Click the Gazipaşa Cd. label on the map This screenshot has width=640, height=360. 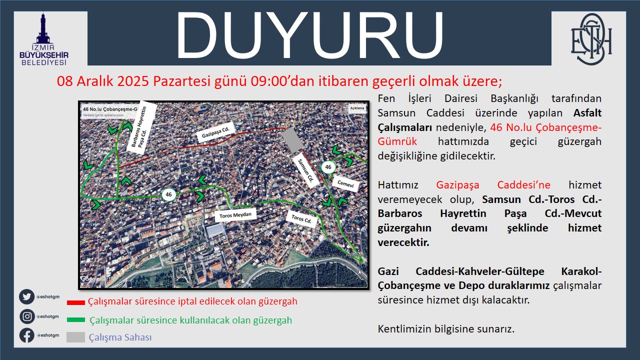tap(215, 133)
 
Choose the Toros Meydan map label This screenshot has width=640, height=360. tap(235, 215)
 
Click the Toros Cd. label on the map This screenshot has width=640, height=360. tap(301, 219)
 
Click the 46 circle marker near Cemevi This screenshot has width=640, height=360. tap(328, 167)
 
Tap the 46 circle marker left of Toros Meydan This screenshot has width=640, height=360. tap(168, 194)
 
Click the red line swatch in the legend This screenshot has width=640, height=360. tap(76, 302)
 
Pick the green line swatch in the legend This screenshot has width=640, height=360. tap(76, 320)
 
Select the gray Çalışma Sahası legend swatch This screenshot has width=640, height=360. tap(75, 337)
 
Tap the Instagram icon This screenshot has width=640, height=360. tap(27, 316)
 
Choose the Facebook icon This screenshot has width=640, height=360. tap(27, 335)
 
